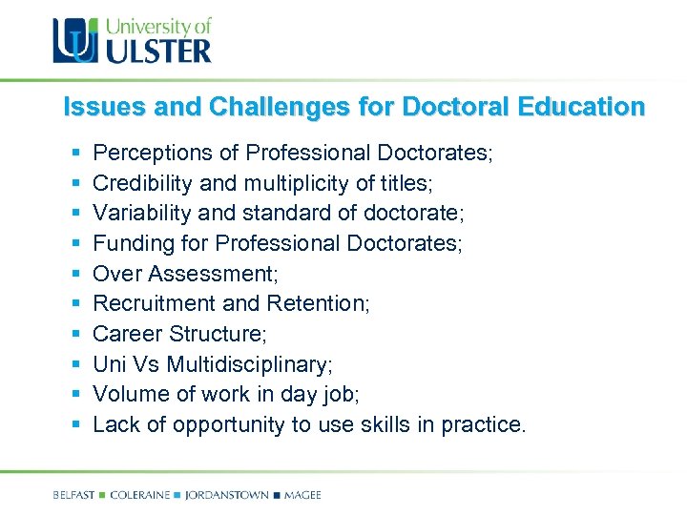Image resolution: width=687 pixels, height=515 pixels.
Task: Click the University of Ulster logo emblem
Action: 74,40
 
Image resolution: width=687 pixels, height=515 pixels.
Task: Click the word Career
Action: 128,335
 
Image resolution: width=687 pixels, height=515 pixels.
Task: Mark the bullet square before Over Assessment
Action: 74,275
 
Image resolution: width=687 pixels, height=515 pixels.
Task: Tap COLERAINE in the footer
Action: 140,495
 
